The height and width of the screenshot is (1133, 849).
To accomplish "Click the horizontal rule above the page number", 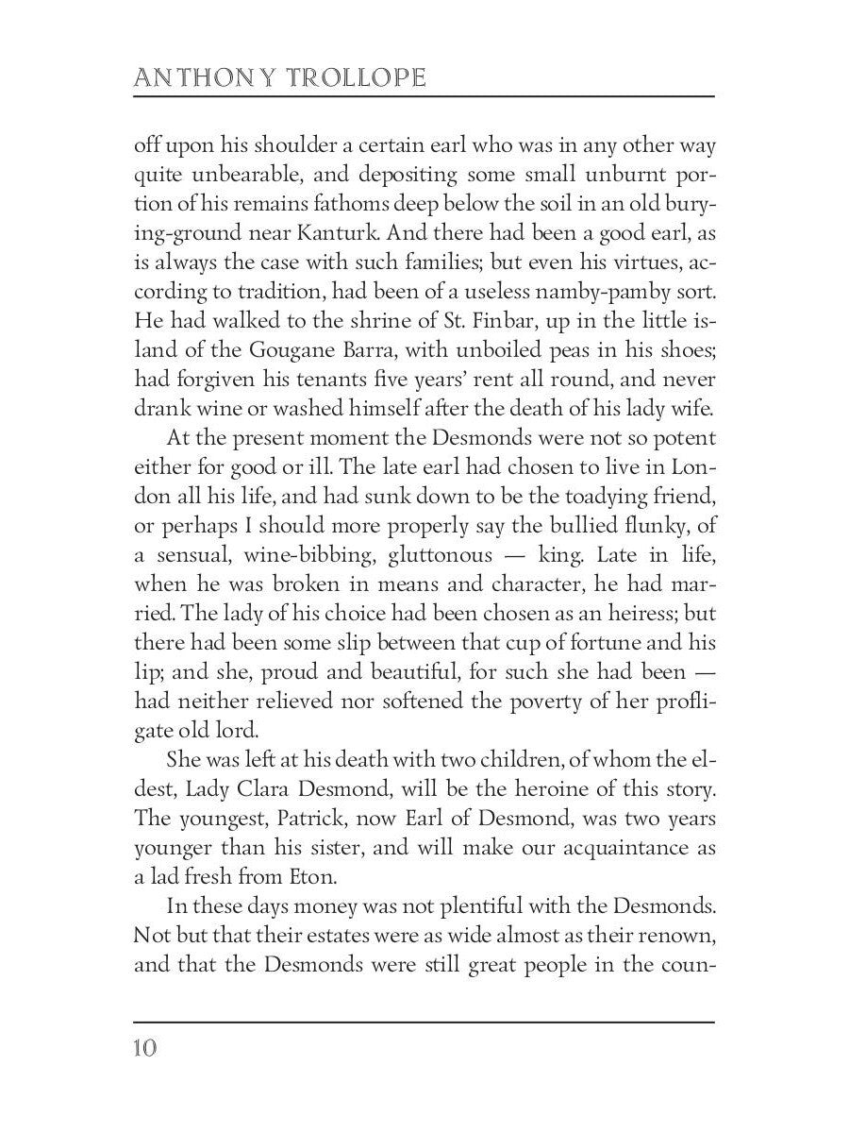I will (424, 1022).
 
